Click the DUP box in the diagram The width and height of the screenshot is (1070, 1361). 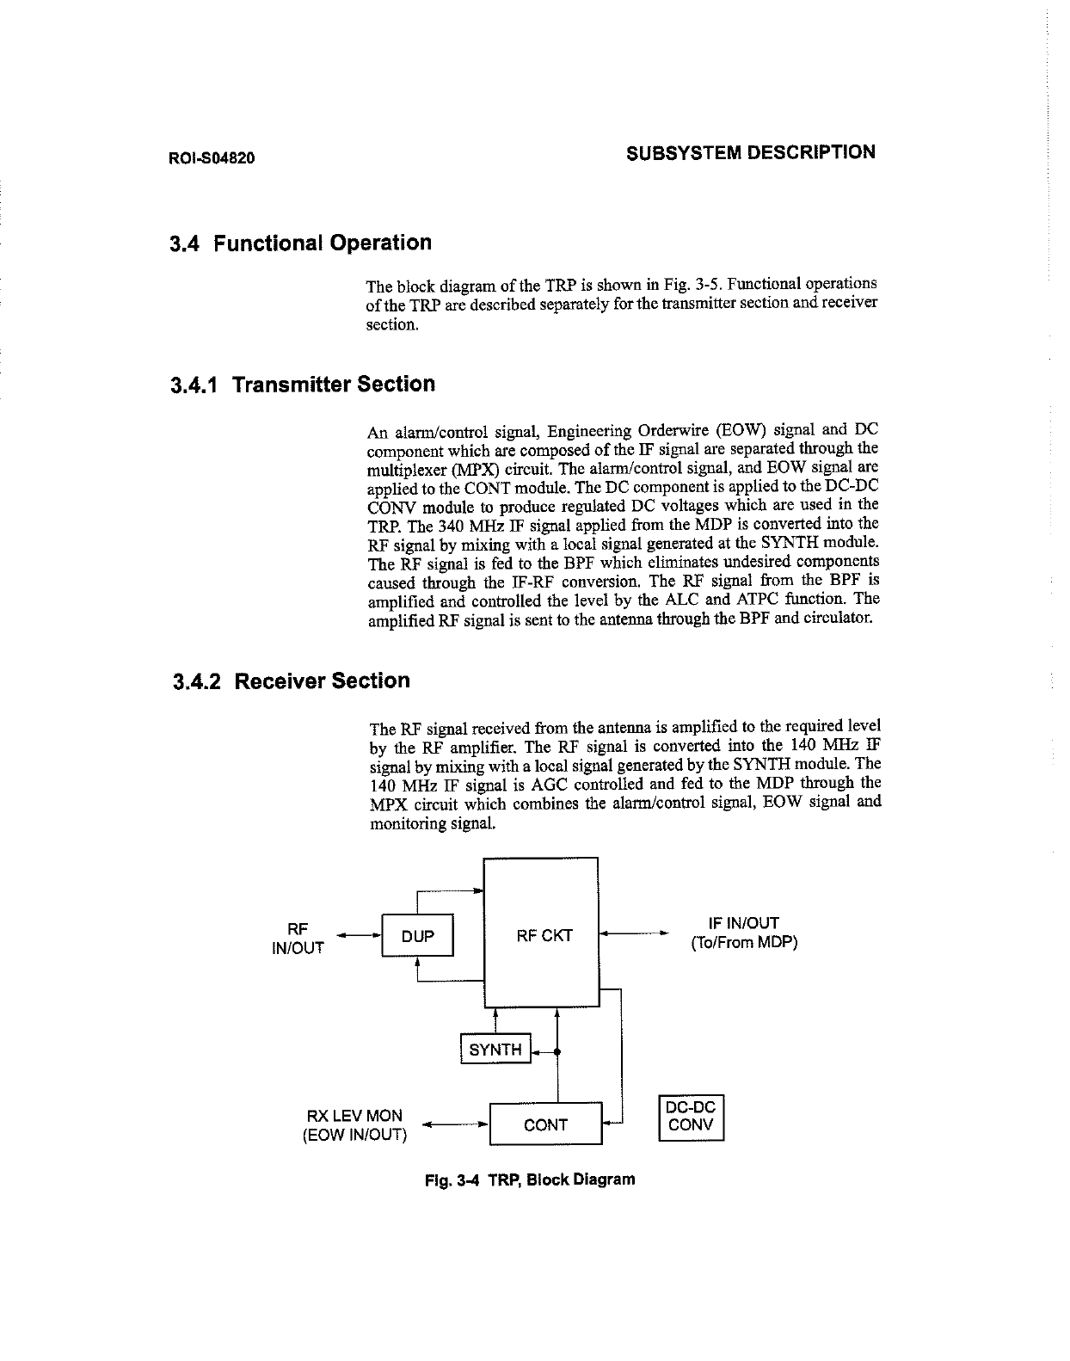[417, 936]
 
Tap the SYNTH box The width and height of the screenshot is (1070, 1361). [495, 1050]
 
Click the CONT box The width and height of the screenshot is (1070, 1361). [545, 1124]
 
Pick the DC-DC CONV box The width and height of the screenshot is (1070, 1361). [692, 1117]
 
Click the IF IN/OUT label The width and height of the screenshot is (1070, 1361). [743, 924]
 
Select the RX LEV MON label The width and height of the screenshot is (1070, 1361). [354, 1116]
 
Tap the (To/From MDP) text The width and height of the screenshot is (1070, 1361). [744, 943]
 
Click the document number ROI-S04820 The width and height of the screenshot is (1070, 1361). [212, 159]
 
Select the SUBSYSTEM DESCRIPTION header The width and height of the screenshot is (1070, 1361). [750, 153]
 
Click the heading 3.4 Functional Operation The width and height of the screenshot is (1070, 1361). [301, 243]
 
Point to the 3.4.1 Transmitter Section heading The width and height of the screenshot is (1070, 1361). [303, 385]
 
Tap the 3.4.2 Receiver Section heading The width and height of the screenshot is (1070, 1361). [292, 681]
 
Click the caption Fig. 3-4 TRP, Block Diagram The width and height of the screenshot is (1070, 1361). [530, 1179]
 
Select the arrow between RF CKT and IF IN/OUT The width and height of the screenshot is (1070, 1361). [633, 933]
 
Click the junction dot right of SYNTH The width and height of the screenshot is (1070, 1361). [558, 1051]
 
